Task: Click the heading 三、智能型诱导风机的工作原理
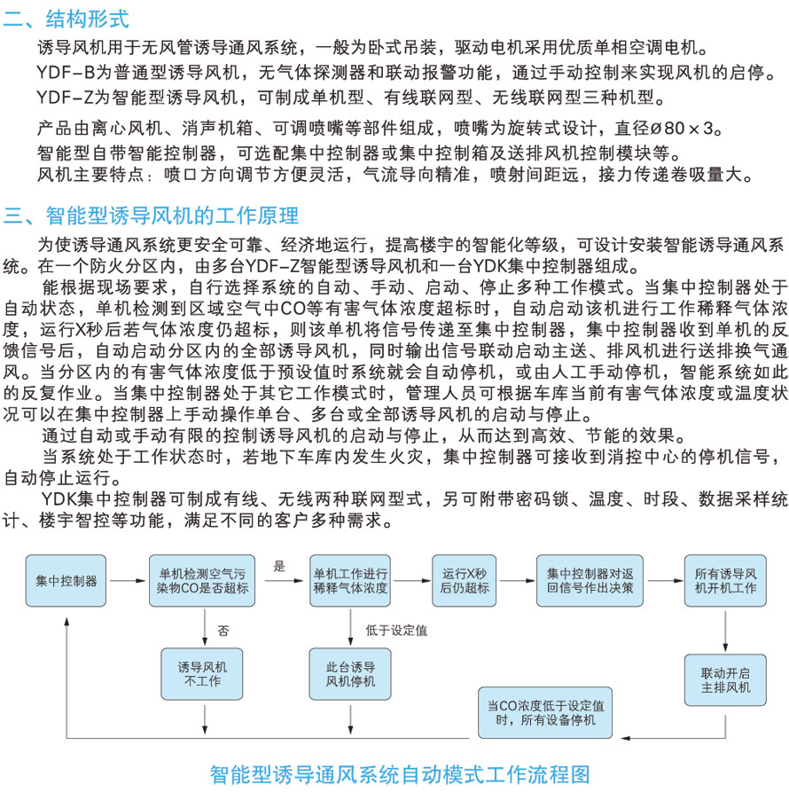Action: pyautogui.click(x=152, y=216)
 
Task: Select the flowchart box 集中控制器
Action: pyautogui.click(x=66, y=581)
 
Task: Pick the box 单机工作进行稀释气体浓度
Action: pyautogui.click(x=351, y=581)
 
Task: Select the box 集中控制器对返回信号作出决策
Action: pyautogui.click(x=590, y=581)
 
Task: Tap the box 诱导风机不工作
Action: pyautogui.click(x=203, y=673)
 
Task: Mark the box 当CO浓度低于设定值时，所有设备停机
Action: pyautogui.click(x=546, y=712)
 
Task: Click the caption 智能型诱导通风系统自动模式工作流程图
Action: pyautogui.click(x=399, y=774)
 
